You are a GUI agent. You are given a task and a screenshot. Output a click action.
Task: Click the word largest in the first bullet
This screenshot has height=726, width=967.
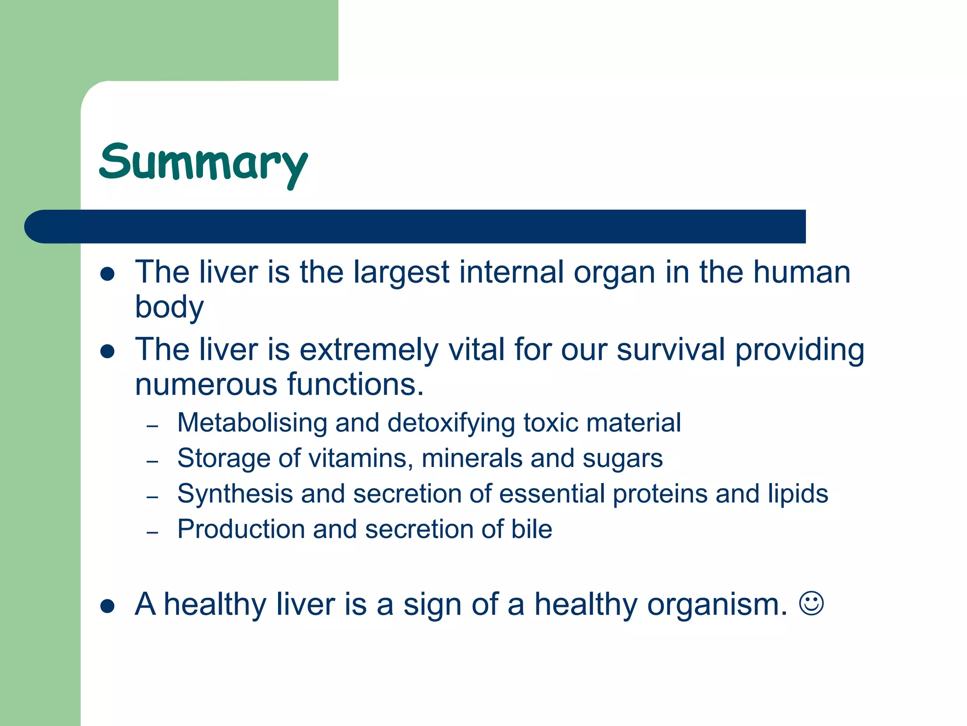tap(401, 273)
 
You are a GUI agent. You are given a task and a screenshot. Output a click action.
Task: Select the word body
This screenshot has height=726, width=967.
tap(169, 308)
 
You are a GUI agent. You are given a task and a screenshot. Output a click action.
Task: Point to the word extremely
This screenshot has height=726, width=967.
tap(369, 350)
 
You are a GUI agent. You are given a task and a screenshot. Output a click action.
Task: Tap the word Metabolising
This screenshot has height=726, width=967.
tap(252, 423)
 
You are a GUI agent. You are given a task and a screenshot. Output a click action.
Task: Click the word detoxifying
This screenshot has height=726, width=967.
tap(451, 423)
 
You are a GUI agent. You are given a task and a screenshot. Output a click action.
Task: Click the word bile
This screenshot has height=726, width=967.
tap(532, 529)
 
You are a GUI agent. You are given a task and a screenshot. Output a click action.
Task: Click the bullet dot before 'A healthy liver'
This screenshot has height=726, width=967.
tap(108, 606)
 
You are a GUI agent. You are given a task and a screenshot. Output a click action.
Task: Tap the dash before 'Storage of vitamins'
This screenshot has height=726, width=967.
tap(152, 461)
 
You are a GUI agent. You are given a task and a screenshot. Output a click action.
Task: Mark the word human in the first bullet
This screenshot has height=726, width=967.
tap(801, 273)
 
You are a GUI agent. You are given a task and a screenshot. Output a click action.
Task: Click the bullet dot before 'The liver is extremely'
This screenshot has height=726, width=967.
tap(108, 351)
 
